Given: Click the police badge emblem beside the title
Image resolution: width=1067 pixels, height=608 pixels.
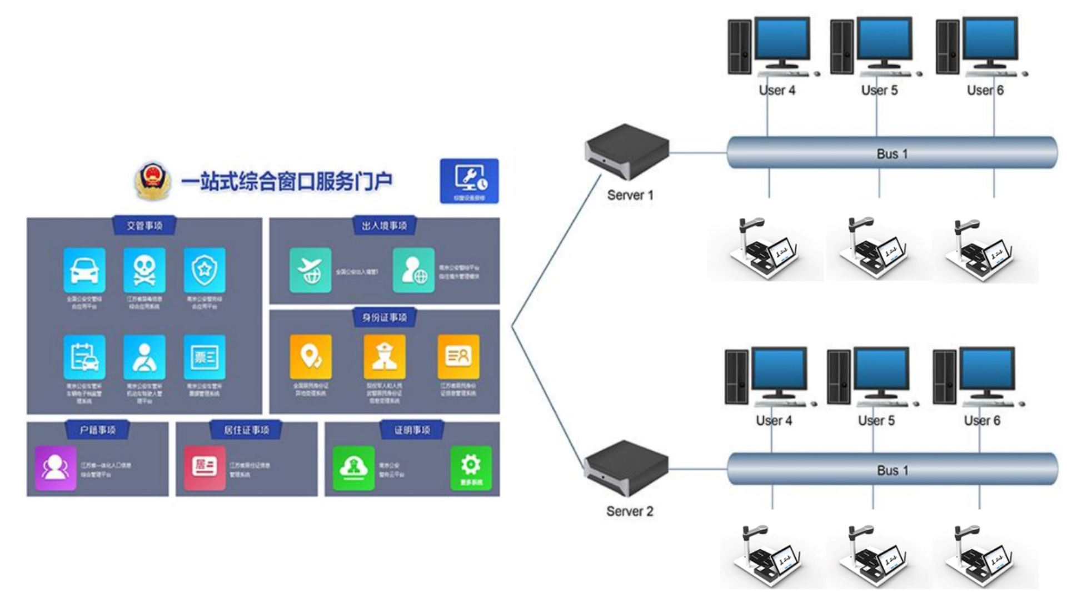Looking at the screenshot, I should (x=152, y=181).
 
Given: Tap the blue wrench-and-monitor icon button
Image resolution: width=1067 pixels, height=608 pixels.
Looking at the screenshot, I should (x=469, y=181).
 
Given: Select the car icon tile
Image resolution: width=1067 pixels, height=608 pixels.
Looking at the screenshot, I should (x=84, y=270).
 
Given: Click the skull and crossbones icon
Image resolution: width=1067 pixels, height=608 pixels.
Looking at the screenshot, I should (x=144, y=270).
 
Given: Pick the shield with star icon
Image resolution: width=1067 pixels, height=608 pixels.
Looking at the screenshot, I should (x=205, y=270).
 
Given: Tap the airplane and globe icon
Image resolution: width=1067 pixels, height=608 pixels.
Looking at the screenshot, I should (x=310, y=270).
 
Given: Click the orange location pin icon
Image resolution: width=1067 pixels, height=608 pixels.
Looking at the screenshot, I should (x=311, y=356).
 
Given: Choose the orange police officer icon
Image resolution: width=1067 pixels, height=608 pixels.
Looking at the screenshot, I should (x=385, y=356).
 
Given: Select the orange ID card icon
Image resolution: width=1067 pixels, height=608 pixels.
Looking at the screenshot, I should (x=458, y=356).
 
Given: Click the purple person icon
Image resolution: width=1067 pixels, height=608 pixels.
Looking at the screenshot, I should (x=56, y=467).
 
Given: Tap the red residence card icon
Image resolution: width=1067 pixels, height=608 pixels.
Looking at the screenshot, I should (x=205, y=467).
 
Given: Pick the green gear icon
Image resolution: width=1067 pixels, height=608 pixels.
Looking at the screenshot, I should (x=471, y=467).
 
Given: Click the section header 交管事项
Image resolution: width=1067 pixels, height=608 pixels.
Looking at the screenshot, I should (x=144, y=226).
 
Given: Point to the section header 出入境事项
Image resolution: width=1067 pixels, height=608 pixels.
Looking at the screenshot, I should (x=385, y=226).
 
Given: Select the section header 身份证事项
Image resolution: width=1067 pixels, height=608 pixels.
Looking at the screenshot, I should (x=385, y=317).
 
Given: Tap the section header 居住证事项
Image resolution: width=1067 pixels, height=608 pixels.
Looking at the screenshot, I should (x=246, y=430).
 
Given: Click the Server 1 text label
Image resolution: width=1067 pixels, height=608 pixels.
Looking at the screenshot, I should (x=630, y=195).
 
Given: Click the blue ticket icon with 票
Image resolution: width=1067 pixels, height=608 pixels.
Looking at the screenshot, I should (x=205, y=356).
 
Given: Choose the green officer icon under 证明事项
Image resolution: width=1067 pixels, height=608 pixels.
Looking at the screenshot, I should (x=353, y=467).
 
